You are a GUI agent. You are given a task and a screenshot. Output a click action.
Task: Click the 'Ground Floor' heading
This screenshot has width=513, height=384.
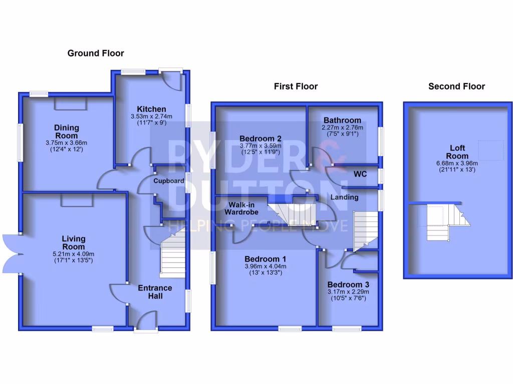pyautogui.click(x=96, y=53)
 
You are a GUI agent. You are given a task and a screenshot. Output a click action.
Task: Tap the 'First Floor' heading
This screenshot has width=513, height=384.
pyautogui.click(x=296, y=86)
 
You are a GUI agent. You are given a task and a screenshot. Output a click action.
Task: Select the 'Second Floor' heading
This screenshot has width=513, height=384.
pyautogui.click(x=456, y=86)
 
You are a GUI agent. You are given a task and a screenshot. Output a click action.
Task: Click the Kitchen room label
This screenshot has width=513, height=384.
pyautogui.click(x=151, y=109)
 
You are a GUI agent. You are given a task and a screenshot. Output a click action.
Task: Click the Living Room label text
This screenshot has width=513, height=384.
pyautogui.click(x=74, y=242)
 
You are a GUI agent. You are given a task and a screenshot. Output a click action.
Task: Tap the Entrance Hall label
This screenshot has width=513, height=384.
pyautogui.click(x=155, y=292)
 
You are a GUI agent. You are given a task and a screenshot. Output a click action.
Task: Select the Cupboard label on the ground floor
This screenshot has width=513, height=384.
pyautogui.click(x=168, y=180)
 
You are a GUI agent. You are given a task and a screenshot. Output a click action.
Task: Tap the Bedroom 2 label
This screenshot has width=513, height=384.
pyautogui.click(x=260, y=138)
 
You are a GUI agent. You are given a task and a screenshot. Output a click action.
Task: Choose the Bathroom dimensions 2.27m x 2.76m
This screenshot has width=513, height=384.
pyautogui.click(x=342, y=128)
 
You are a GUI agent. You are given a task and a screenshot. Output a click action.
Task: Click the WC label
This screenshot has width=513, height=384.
pyautogui.click(x=360, y=174)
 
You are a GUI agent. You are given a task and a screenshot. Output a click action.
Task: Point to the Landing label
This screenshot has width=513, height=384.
pyautogui.click(x=344, y=197)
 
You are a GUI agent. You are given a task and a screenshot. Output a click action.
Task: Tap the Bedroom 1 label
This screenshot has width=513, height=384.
pyautogui.click(x=265, y=259)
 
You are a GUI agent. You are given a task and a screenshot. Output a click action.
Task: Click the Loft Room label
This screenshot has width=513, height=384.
pyautogui.click(x=457, y=151)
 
